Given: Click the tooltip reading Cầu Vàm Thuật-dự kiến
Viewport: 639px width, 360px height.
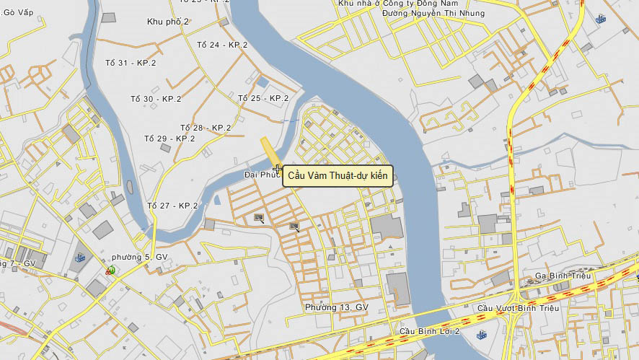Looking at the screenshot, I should [x=338, y=175].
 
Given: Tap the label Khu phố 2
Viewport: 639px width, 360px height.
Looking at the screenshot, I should [x=167, y=22].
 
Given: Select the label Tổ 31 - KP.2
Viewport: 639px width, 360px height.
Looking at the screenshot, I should [x=131, y=63].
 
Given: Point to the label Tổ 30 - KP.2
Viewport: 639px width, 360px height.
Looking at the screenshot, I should [x=156, y=99].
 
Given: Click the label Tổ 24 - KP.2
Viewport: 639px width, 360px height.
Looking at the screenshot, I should [x=221, y=45].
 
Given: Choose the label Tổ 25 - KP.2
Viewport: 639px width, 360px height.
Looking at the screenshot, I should [x=263, y=98].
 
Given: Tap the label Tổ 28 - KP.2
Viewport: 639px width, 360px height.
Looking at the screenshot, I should [x=206, y=128].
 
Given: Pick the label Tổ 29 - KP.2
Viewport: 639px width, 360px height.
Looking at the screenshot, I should [x=169, y=139].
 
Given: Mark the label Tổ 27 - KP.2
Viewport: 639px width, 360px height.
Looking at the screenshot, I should [x=172, y=206].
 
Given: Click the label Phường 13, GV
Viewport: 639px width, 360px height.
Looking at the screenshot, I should [x=336, y=307].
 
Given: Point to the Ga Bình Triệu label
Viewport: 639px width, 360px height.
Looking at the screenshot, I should [x=563, y=276].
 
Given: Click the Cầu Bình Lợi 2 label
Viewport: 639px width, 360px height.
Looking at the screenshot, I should [x=429, y=332].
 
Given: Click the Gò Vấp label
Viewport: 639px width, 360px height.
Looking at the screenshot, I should [x=19, y=12].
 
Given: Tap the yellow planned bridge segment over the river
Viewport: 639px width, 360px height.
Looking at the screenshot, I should [x=270, y=152].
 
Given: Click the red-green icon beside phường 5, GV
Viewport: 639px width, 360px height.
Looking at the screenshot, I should [x=111, y=271].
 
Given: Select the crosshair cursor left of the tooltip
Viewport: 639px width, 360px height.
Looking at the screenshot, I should [x=278, y=169].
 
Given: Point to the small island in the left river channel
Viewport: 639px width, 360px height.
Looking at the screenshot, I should [x=130, y=188].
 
